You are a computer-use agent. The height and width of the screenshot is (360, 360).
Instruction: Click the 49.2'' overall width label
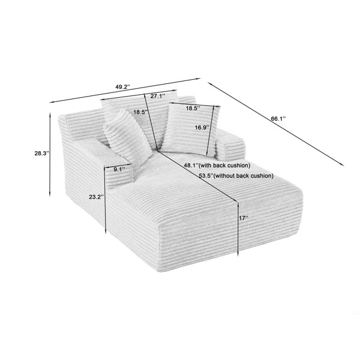click(x=123, y=87)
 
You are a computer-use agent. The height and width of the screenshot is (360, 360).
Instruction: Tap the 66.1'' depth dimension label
click(x=278, y=118)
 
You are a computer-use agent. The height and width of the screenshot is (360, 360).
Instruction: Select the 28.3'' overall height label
click(x=42, y=153)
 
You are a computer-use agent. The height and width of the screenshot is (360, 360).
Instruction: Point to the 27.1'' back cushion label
click(x=158, y=96)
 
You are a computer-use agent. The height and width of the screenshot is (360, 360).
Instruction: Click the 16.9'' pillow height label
click(x=202, y=127)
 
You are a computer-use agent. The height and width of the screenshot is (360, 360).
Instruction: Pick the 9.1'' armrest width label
click(x=119, y=170)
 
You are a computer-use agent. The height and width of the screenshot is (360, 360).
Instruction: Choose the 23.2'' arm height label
click(x=97, y=197)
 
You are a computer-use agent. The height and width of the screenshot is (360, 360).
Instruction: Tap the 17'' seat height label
click(x=244, y=218)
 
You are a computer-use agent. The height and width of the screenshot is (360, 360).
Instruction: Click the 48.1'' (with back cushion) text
click(x=217, y=166)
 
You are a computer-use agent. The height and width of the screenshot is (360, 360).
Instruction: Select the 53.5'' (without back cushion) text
click(x=236, y=176)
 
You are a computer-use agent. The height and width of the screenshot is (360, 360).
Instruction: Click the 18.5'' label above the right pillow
click(x=193, y=108)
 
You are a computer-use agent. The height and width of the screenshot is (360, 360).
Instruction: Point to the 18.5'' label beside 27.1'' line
click(x=141, y=112)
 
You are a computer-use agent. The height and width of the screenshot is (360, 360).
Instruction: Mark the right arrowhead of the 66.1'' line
click(x=343, y=164)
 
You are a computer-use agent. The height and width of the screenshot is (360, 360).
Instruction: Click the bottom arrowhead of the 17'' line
click(x=238, y=253)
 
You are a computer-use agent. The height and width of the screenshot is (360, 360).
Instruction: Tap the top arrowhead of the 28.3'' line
click(x=50, y=115)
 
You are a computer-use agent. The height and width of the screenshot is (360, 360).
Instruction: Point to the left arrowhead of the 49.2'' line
click(x=52, y=103)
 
